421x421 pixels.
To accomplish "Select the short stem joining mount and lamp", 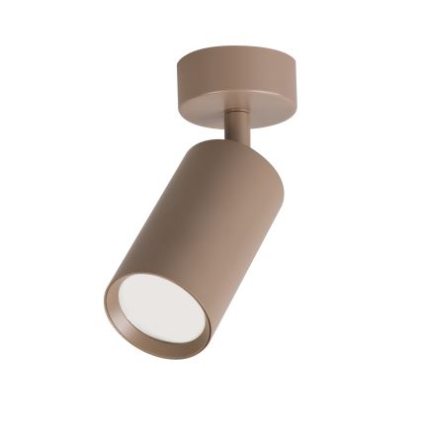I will pos(237,126).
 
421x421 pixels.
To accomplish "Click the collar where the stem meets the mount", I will pos(235,112).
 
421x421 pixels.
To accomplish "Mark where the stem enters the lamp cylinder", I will pos(238,140).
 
